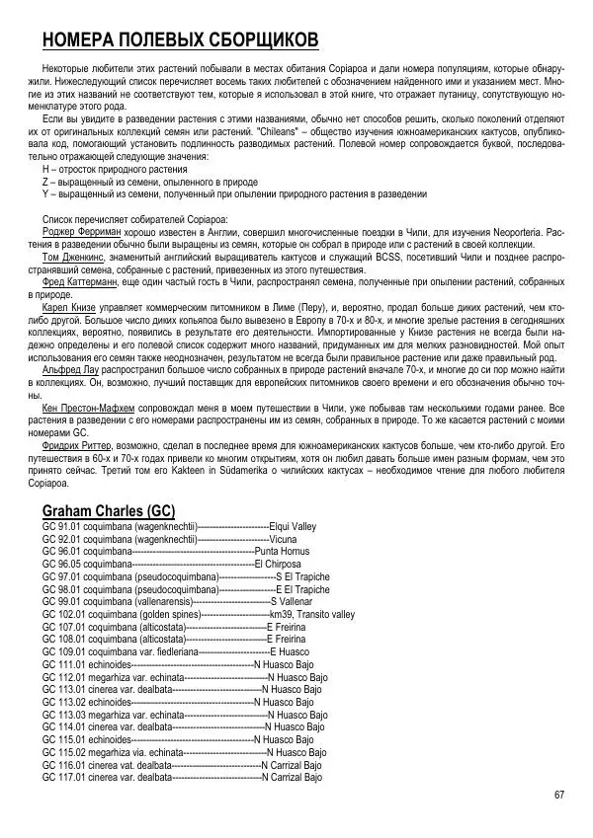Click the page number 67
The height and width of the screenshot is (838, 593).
(559, 796)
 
